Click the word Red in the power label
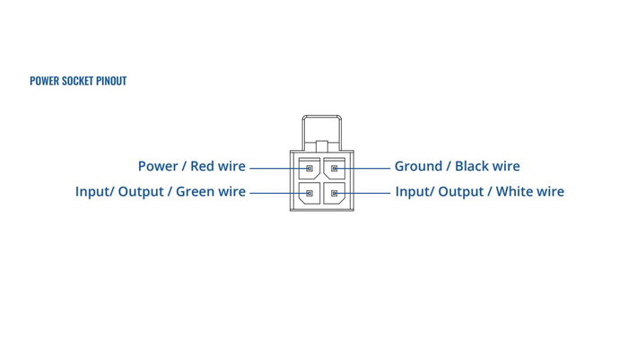(202, 166)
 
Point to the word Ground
(419, 166)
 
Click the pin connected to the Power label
(310, 169)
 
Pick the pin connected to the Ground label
(335, 169)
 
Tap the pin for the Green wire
(310, 193)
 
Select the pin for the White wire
(335, 193)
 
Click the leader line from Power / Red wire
(280, 169)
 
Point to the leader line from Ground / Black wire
(362, 169)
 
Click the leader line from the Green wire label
(280, 193)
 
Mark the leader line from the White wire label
(362, 193)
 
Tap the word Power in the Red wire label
(158, 166)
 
